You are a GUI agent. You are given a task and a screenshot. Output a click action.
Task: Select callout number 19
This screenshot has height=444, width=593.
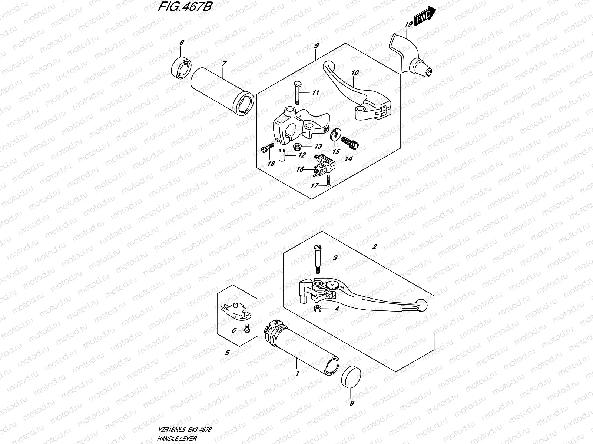click(409, 24)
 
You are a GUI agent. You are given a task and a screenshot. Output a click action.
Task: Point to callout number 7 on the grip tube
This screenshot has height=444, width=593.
click(224, 64)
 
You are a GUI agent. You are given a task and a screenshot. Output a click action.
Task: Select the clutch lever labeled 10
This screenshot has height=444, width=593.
click(356, 92)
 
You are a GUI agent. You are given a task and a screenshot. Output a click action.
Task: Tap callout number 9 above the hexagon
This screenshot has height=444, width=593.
click(316, 46)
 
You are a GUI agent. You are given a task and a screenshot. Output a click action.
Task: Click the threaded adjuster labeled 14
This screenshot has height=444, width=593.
click(350, 143)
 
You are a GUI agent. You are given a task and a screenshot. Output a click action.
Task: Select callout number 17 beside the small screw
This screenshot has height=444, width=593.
click(315, 185)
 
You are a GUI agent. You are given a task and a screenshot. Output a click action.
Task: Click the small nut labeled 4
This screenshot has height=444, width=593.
click(317, 309)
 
